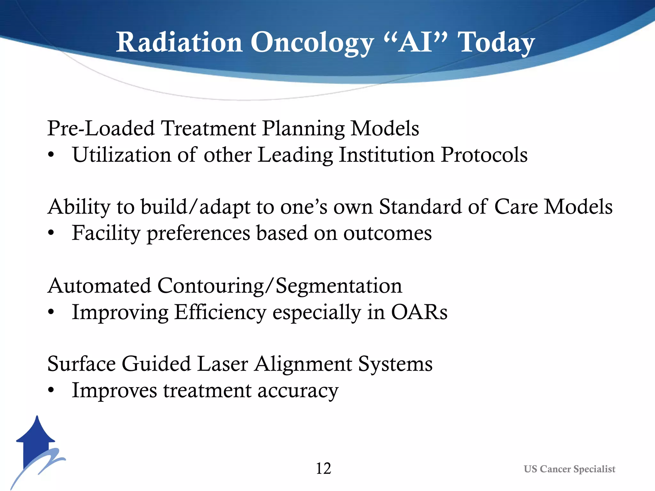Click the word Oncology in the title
312,43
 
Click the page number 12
323,469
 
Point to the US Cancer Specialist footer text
569,469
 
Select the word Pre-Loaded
101,129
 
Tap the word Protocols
484,155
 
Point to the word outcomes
387,233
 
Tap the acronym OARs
419,312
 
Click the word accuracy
298,391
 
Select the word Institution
386,155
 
